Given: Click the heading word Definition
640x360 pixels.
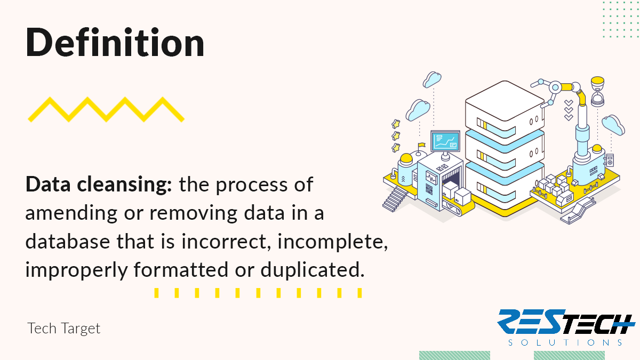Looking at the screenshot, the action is tap(115, 42).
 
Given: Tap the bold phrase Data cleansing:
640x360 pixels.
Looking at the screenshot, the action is tap(99, 185).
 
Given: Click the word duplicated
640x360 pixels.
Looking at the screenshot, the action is tap(313, 270).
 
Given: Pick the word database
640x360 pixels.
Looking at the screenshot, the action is tap(68, 242).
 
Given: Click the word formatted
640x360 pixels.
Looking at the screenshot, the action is tap(181, 269).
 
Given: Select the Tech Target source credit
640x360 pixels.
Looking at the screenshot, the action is tap(63, 329).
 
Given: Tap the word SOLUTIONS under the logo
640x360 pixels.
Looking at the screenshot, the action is tap(565, 342).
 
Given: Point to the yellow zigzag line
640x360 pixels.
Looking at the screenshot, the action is tap(106, 110).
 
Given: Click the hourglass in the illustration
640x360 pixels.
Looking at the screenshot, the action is tap(597, 92).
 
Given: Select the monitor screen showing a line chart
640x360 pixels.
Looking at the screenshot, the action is tap(445, 141).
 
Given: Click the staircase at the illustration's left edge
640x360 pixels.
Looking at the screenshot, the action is tap(395, 199).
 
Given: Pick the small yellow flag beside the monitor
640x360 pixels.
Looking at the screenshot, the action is tap(421, 145).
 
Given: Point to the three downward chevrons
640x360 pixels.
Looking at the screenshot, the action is tap(569, 110).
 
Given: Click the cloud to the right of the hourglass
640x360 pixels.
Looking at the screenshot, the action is tap(613, 125).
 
